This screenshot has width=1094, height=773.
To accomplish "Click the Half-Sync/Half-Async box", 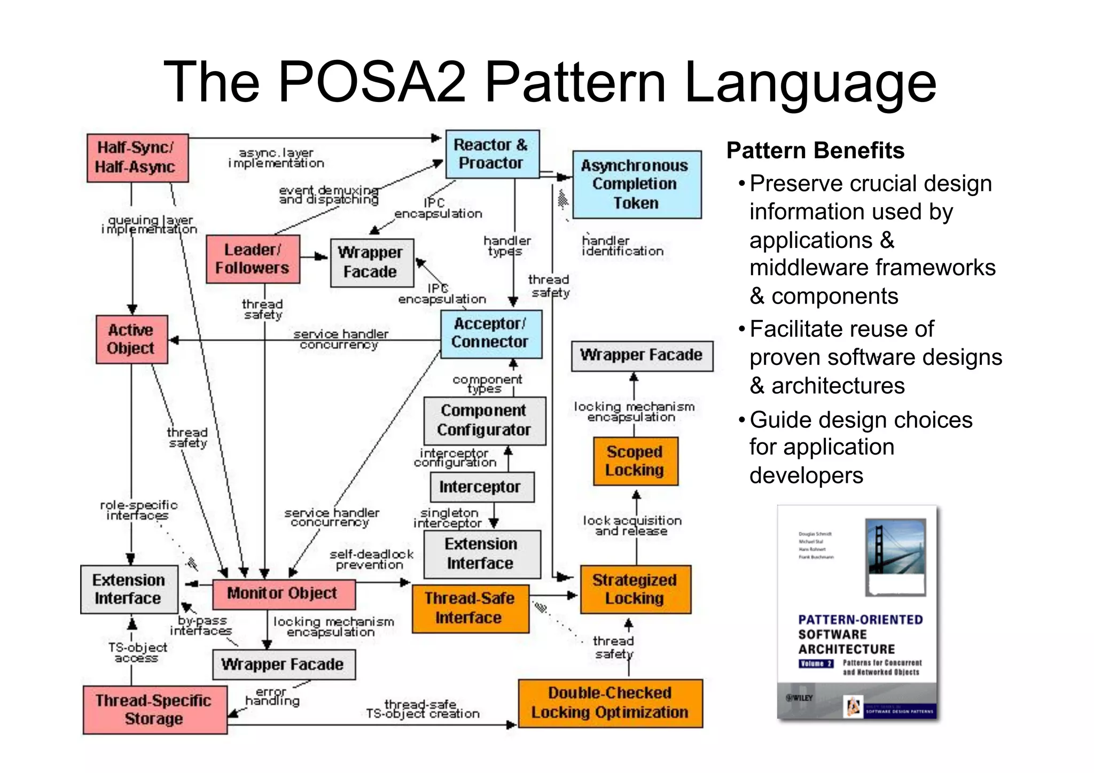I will [x=137, y=158].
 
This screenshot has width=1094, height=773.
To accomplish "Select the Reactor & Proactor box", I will [x=492, y=154].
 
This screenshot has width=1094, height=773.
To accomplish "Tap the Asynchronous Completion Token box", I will [x=636, y=184].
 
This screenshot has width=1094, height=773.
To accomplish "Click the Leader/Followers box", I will [x=253, y=259].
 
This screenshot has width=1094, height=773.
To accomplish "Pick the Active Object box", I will [x=131, y=339].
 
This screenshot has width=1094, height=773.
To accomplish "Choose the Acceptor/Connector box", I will [x=490, y=333].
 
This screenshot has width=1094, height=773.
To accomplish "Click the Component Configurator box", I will [x=484, y=420].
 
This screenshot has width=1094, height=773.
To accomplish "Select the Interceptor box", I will [x=481, y=487].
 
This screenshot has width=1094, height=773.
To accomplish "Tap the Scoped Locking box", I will [x=635, y=461].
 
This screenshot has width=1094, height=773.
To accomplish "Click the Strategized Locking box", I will [x=635, y=589].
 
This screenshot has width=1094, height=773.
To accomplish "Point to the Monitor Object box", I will [x=283, y=594].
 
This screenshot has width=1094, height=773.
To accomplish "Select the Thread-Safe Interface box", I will [x=470, y=608].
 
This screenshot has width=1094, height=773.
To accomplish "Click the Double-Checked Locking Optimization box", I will [x=610, y=702].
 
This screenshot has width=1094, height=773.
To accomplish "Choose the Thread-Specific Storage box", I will [x=154, y=709].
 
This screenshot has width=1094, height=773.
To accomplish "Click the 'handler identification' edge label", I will [x=622, y=246].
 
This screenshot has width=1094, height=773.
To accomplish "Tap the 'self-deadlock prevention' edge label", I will [x=371, y=559].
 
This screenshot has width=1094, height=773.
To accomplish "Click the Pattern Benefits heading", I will [x=815, y=151].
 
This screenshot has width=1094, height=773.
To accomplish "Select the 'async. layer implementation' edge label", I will [x=276, y=158].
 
